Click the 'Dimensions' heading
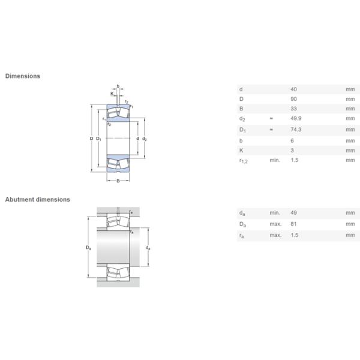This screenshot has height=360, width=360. (23, 76)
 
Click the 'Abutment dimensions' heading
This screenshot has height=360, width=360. (38, 199)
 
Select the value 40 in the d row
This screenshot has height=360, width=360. (294, 89)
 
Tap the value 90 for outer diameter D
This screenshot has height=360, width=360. (294, 99)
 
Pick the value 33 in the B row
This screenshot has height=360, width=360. (294, 109)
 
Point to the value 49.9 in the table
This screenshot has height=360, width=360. (296, 119)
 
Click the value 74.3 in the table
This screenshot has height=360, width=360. (296, 130)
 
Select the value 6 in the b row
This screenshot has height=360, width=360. (292, 140)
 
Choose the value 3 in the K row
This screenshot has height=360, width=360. (292, 149)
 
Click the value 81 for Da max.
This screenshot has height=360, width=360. (294, 224)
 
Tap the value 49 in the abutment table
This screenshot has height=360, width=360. (294, 213)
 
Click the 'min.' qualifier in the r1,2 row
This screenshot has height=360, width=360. (275, 160)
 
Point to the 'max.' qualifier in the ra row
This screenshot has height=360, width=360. (275, 235)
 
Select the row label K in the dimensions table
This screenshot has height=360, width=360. (241, 149)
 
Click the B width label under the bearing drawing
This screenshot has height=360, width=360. (118, 181)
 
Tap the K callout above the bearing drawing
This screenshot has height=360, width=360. (112, 94)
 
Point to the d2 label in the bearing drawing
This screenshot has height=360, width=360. (145, 139)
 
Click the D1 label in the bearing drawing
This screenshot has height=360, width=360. (99, 139)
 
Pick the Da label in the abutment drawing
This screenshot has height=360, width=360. (89, 248)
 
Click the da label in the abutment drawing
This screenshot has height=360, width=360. (148, 248)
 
